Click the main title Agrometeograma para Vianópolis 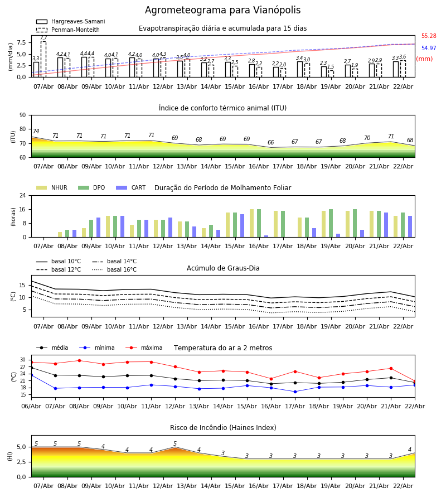[x=222, y=11]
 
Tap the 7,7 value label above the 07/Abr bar [x=43, y=38]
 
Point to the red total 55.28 [x=429, y=36]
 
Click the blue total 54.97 [x=429, y=49]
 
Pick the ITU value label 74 [x=36, y=132]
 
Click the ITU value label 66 [x=271, y=143]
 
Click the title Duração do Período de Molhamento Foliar [x=222, y=188]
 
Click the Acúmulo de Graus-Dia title [x=223, y=268]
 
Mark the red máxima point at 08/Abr [x=79, y=360]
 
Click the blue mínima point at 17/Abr [x=295, y=392]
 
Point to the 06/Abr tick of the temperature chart [x=31, y=406]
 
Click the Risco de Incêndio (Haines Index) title [x=223, y=428]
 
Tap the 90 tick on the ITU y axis [x=22, y=115]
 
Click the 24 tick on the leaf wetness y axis [x=22, y=195]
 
